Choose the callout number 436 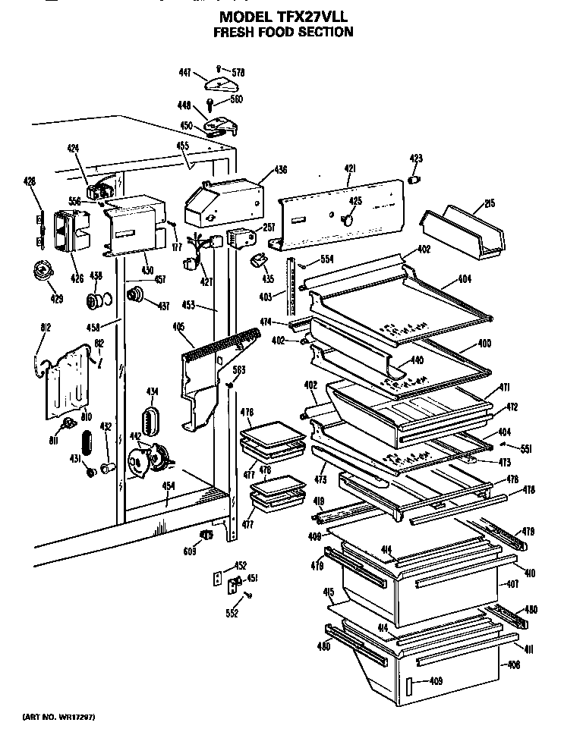(260, 169)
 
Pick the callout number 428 (29, 181)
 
